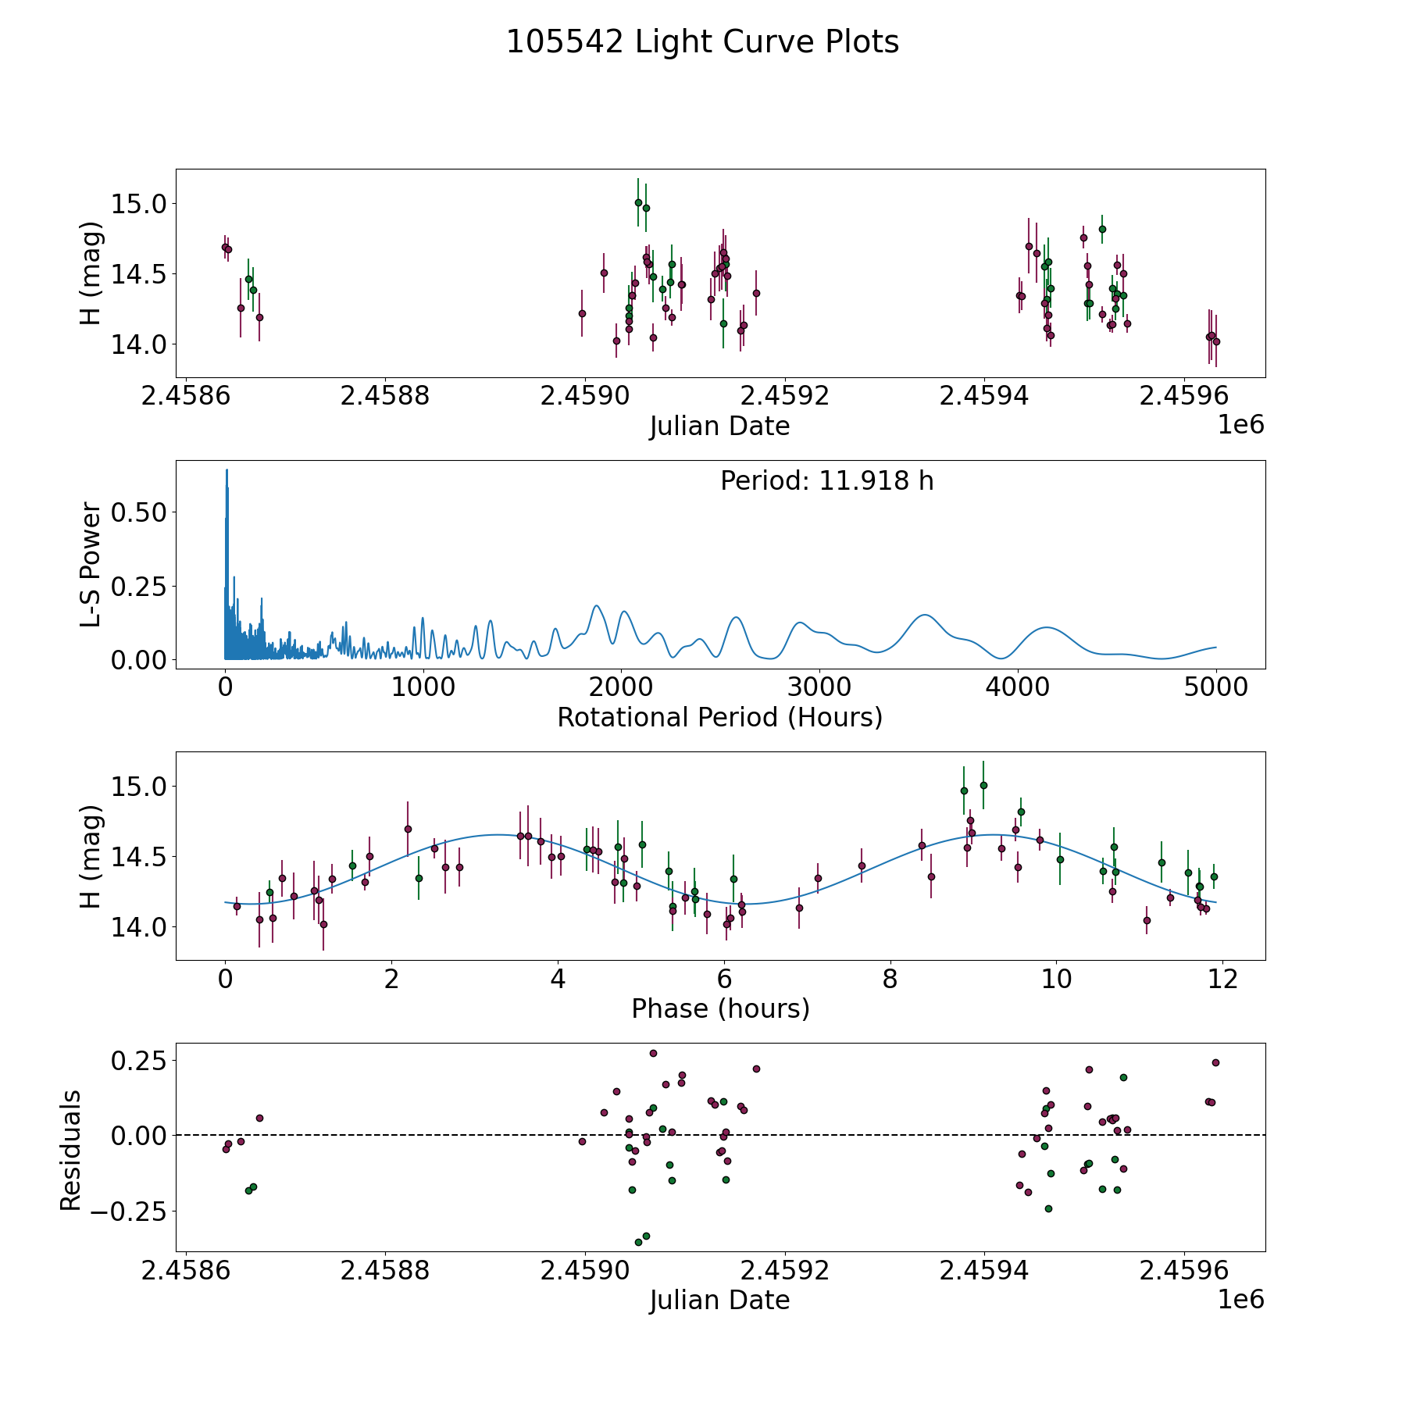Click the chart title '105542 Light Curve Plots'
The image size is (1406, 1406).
click(702, 42)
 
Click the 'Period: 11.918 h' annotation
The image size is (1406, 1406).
click(826, 480)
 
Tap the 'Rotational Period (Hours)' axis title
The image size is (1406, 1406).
click(719, 717)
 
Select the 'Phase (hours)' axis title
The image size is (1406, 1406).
click(719, 1008)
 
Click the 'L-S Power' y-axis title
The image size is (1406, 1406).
click(91, 564)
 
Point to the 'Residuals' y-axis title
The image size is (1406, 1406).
click(71, 1150)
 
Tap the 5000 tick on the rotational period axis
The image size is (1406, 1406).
click(1215, 688)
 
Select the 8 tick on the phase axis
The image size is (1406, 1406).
click(890, 980)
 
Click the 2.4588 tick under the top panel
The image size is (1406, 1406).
click(385, 396)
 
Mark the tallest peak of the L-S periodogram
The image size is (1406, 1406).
click(227, 470)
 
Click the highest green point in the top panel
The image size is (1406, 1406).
click(638, 202)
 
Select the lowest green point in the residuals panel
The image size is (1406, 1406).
click(638, 1242)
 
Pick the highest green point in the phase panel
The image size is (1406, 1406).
click(983, 785)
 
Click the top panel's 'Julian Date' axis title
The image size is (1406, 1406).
click(719, 426)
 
